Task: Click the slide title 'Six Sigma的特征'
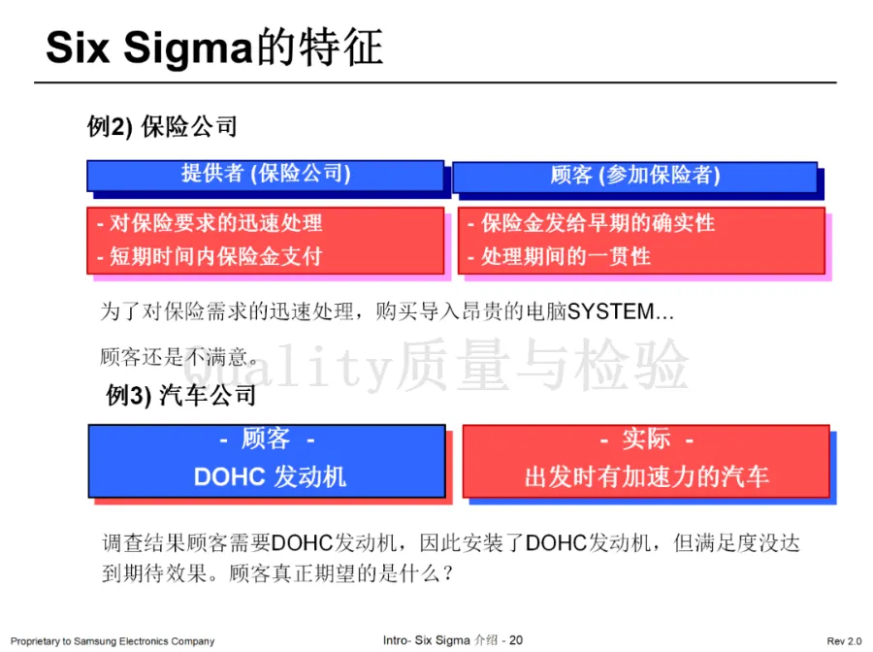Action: pyautogui.click(x=214, y=47)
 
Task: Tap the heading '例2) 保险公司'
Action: pyautogui.click(x=162, y=127)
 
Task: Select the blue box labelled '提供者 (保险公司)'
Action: pyautogui.click(x=266, y=174)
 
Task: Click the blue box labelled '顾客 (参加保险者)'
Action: pyautogui.click(x=634, y=175)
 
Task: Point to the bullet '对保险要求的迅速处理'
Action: pyautogui.click(x=215, y=223)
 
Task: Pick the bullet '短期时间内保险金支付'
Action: pyautogui.click(x=215, y=256)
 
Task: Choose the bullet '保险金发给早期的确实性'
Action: pyautogui.click(x=598, y=223)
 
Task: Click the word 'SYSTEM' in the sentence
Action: pyautogui.click(x=611, y=312)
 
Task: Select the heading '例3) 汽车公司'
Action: pyautogui.click(x=181, y=396)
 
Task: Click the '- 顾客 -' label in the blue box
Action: pyautogui.click(x=266, y=440)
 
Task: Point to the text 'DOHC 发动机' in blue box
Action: pyautogui.click(x=270, y=476)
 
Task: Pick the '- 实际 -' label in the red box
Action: pyautogui.click(x=646, y=440)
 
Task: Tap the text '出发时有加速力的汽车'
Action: pyautogui.click(x=646, y=476)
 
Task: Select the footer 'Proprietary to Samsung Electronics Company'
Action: pyautogui.click(x=113, y=641)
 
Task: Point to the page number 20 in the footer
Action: pyautogui.click(x=516, y=640)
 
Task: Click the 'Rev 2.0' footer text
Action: pyautogui.click(x=843, y=641)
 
